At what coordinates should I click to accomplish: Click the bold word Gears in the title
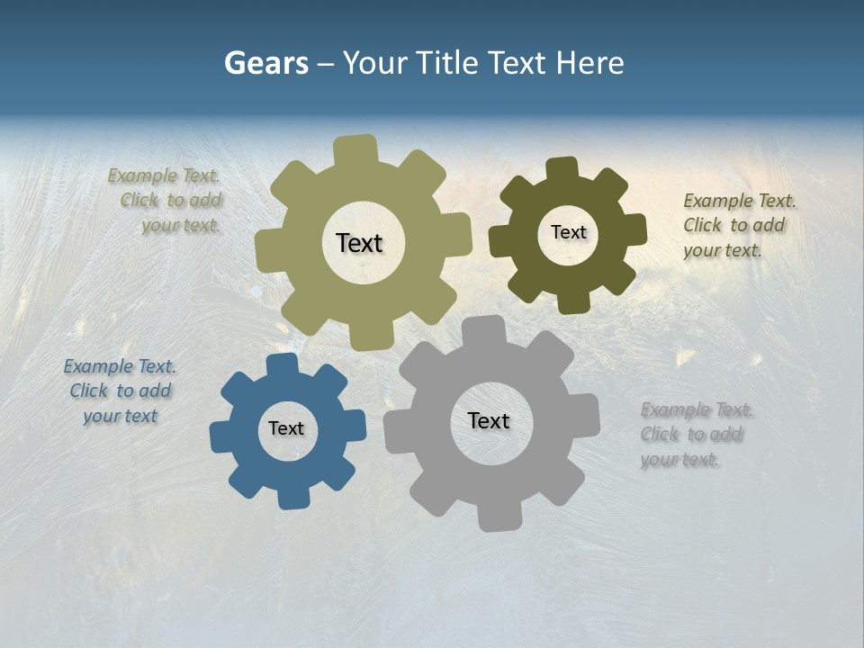pos(266,63)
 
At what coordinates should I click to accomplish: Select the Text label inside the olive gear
pos(359,243)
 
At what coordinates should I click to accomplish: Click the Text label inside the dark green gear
pos(568,232)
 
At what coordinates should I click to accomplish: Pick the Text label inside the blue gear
pos(286,429)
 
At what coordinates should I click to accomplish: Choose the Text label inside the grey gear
pos(489,421)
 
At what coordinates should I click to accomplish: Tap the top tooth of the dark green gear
pos(562,170)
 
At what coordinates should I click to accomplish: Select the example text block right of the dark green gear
pos(739,225)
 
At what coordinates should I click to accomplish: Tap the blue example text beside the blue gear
pos(120,391)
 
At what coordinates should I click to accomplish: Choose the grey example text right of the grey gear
pos(696,435)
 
